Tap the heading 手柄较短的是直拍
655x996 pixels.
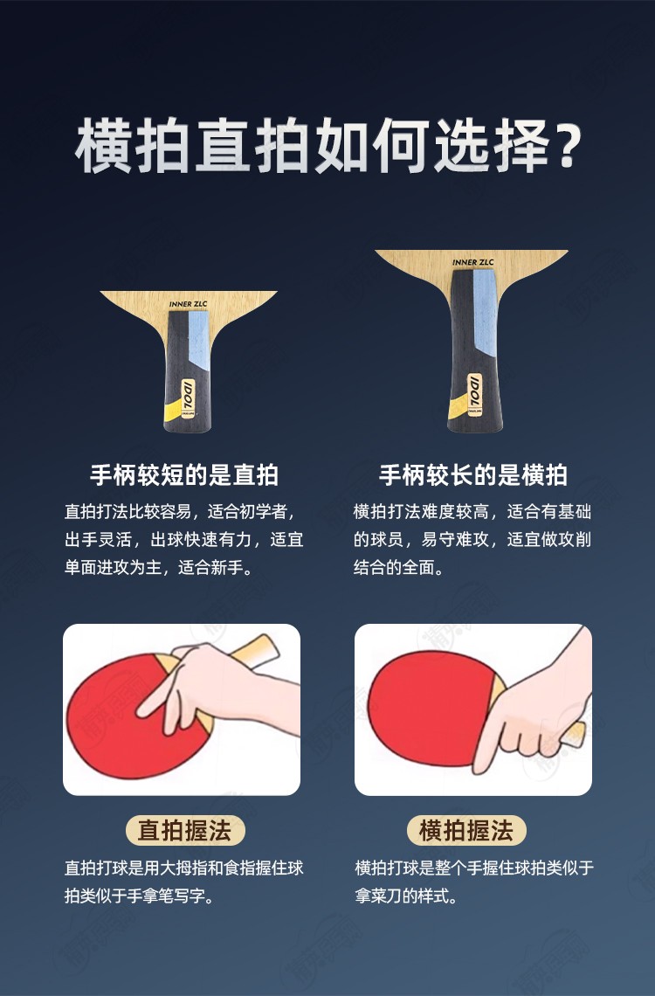pos(184,474)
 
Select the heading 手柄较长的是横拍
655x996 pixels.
pos(472,474)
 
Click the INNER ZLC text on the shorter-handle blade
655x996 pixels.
pos(189,304)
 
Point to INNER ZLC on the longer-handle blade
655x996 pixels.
pos(472,262)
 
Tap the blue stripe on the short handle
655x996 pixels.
pos(198,336)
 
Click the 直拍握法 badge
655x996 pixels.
pos(184,830)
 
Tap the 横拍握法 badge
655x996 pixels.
pos(466,830)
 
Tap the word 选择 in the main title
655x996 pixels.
pos(491,145)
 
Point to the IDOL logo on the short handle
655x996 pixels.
pos(189,395)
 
